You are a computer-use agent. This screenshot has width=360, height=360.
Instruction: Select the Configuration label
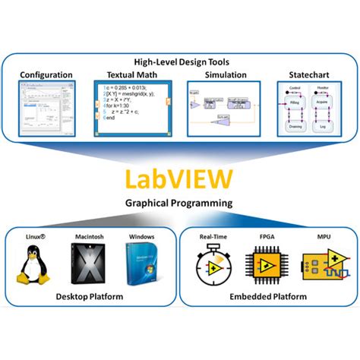pos(46,75)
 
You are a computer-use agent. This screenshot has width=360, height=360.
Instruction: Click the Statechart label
pos(308,75)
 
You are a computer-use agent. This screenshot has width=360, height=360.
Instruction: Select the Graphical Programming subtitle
pos(180,204)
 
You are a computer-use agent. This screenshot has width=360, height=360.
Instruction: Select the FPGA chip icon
pos(267,265)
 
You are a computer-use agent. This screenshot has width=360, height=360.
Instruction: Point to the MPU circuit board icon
pos(322,266)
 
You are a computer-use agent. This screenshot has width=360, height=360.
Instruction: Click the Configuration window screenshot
pos(46,109)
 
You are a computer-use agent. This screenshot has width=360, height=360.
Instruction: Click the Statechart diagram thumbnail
pos(308,110)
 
